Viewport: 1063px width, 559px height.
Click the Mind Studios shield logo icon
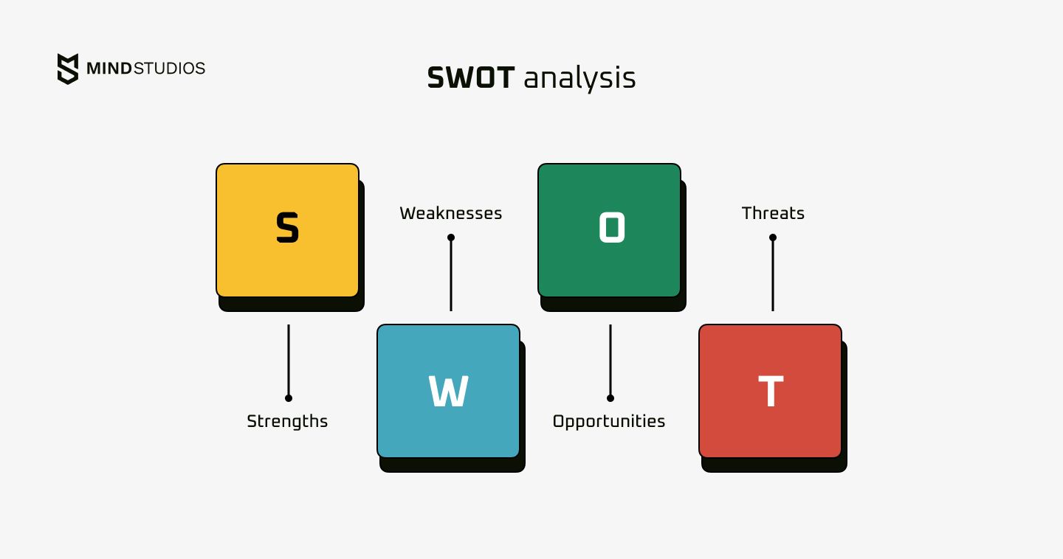click(x=68, y=69)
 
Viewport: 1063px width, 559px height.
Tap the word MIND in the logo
click(x=109, y=69)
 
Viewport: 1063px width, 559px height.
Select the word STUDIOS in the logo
click(x=170, y=69)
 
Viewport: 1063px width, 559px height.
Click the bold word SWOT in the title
click(x=471, y=77)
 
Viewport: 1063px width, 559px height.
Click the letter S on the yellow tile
click(x=288, y=228)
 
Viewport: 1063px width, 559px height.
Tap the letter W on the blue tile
click(x=449, y=391)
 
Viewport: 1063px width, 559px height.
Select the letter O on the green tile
click(x=612, y=228)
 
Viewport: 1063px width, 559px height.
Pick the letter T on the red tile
click(x=771, y=391)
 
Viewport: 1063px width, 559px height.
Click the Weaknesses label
click(x=451, y=213)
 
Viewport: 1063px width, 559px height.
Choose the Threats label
click(x=773, y=213)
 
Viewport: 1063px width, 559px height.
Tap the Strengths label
click(x=287, y=422)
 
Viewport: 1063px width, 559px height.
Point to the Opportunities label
click(x=609, y=422)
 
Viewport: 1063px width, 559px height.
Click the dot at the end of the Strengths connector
click(x=289, y=398)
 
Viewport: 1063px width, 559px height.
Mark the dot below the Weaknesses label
click(x=451, y=237)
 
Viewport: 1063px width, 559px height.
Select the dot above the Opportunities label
click(x=610, y=398)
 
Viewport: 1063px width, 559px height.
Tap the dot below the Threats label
click(x=773, y=237)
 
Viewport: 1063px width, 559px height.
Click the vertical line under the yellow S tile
click(x=289, y=361)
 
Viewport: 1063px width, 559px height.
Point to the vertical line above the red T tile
click(x=773, y=274)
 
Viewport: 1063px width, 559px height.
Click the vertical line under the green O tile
click(x=610, y=361)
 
